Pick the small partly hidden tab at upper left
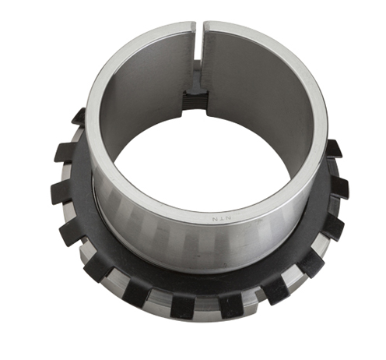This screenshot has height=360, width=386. coord(79,117)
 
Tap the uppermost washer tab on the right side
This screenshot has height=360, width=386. coord(332,148)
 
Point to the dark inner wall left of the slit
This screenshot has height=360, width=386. coord(140,101)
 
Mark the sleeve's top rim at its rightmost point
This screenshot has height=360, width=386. coord(324,125)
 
